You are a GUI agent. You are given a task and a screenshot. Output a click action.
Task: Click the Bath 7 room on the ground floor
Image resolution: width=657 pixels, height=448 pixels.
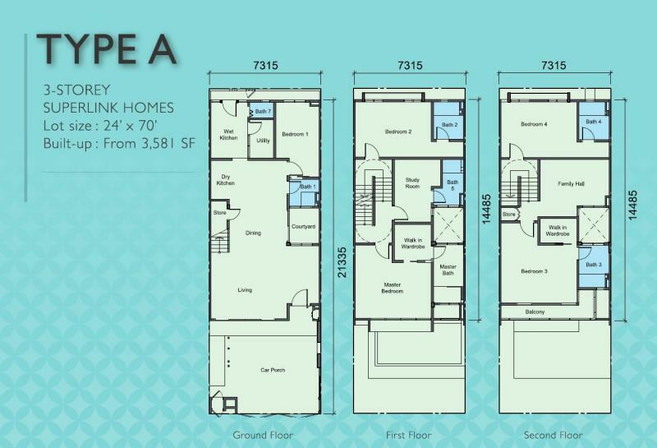point(260,111)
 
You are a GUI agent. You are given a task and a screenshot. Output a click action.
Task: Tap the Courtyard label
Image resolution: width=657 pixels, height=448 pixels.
point(303,227)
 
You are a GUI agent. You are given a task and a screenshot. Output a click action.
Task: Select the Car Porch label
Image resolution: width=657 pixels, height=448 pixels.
point(273,370)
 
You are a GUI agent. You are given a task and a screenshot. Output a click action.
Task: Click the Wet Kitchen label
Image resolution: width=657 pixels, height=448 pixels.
point(228,135)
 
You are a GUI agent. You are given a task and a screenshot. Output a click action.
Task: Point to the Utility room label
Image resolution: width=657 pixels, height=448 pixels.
point(263,141)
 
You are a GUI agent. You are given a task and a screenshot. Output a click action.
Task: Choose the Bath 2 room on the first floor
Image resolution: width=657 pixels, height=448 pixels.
point(448,122)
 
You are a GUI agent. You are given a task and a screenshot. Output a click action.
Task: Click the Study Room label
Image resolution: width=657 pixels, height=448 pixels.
point(412,182)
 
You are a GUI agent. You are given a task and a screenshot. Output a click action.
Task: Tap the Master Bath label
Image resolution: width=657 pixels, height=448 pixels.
point(448,270)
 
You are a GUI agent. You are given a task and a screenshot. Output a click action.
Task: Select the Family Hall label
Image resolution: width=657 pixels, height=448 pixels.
point(571,184)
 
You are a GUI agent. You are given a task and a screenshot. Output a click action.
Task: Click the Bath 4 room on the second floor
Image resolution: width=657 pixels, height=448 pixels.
point(593,122)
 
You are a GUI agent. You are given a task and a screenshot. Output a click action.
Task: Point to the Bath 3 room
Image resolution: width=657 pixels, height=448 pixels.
point(593,267)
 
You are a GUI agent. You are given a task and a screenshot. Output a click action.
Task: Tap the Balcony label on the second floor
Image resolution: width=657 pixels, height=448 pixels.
point(535,312)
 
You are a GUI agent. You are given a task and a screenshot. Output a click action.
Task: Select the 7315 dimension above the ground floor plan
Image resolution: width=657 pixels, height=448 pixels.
point(265,66)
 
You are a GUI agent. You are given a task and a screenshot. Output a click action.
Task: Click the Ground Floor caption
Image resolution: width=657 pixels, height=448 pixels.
point(263,435)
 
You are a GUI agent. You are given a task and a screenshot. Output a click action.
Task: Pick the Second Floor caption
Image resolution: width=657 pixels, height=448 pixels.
point(553,435)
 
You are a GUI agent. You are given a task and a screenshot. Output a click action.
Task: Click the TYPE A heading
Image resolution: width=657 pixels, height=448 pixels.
point(107,49)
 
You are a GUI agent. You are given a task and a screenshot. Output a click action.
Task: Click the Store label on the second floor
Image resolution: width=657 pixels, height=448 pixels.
point(508,215)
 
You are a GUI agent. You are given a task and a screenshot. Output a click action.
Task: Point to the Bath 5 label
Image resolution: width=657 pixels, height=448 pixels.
point(453,186)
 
